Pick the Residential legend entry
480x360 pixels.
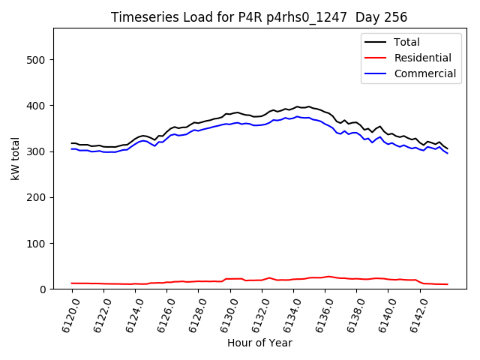click(x=422, y=58)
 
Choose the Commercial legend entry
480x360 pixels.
click(x=424, y=73)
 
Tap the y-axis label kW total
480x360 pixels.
click(x=16, y=158)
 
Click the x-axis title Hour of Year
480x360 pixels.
click(x=259, y=343)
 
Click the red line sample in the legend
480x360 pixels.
click(x=377, y=58)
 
